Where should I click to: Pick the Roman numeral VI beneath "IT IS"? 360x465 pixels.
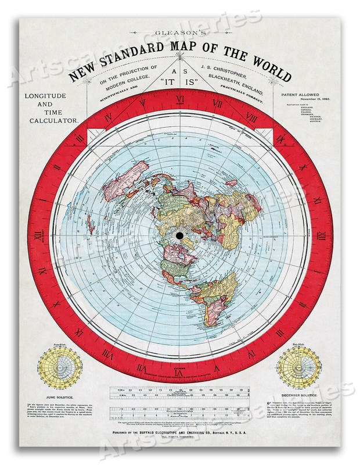click(x=180, y=100)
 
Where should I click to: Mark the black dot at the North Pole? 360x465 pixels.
click(x=179, y=234)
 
